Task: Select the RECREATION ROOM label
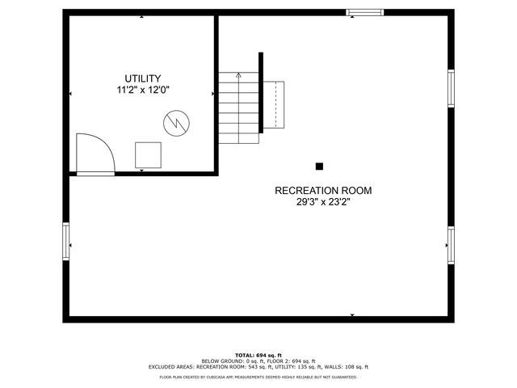click(323, 191)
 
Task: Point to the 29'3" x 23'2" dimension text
click(323, 203)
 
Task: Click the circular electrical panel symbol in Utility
click(175, 124)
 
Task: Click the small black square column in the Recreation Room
click(319, 166)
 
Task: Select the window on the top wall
click(363, 12)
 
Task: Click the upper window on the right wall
click(451, 88)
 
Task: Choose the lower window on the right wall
click(451, 243)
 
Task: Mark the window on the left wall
click(66, 240)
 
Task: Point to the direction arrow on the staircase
click(237, 76)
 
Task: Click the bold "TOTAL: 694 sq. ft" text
click(258, 356)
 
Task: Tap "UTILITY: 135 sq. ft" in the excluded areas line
click(297, 367)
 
